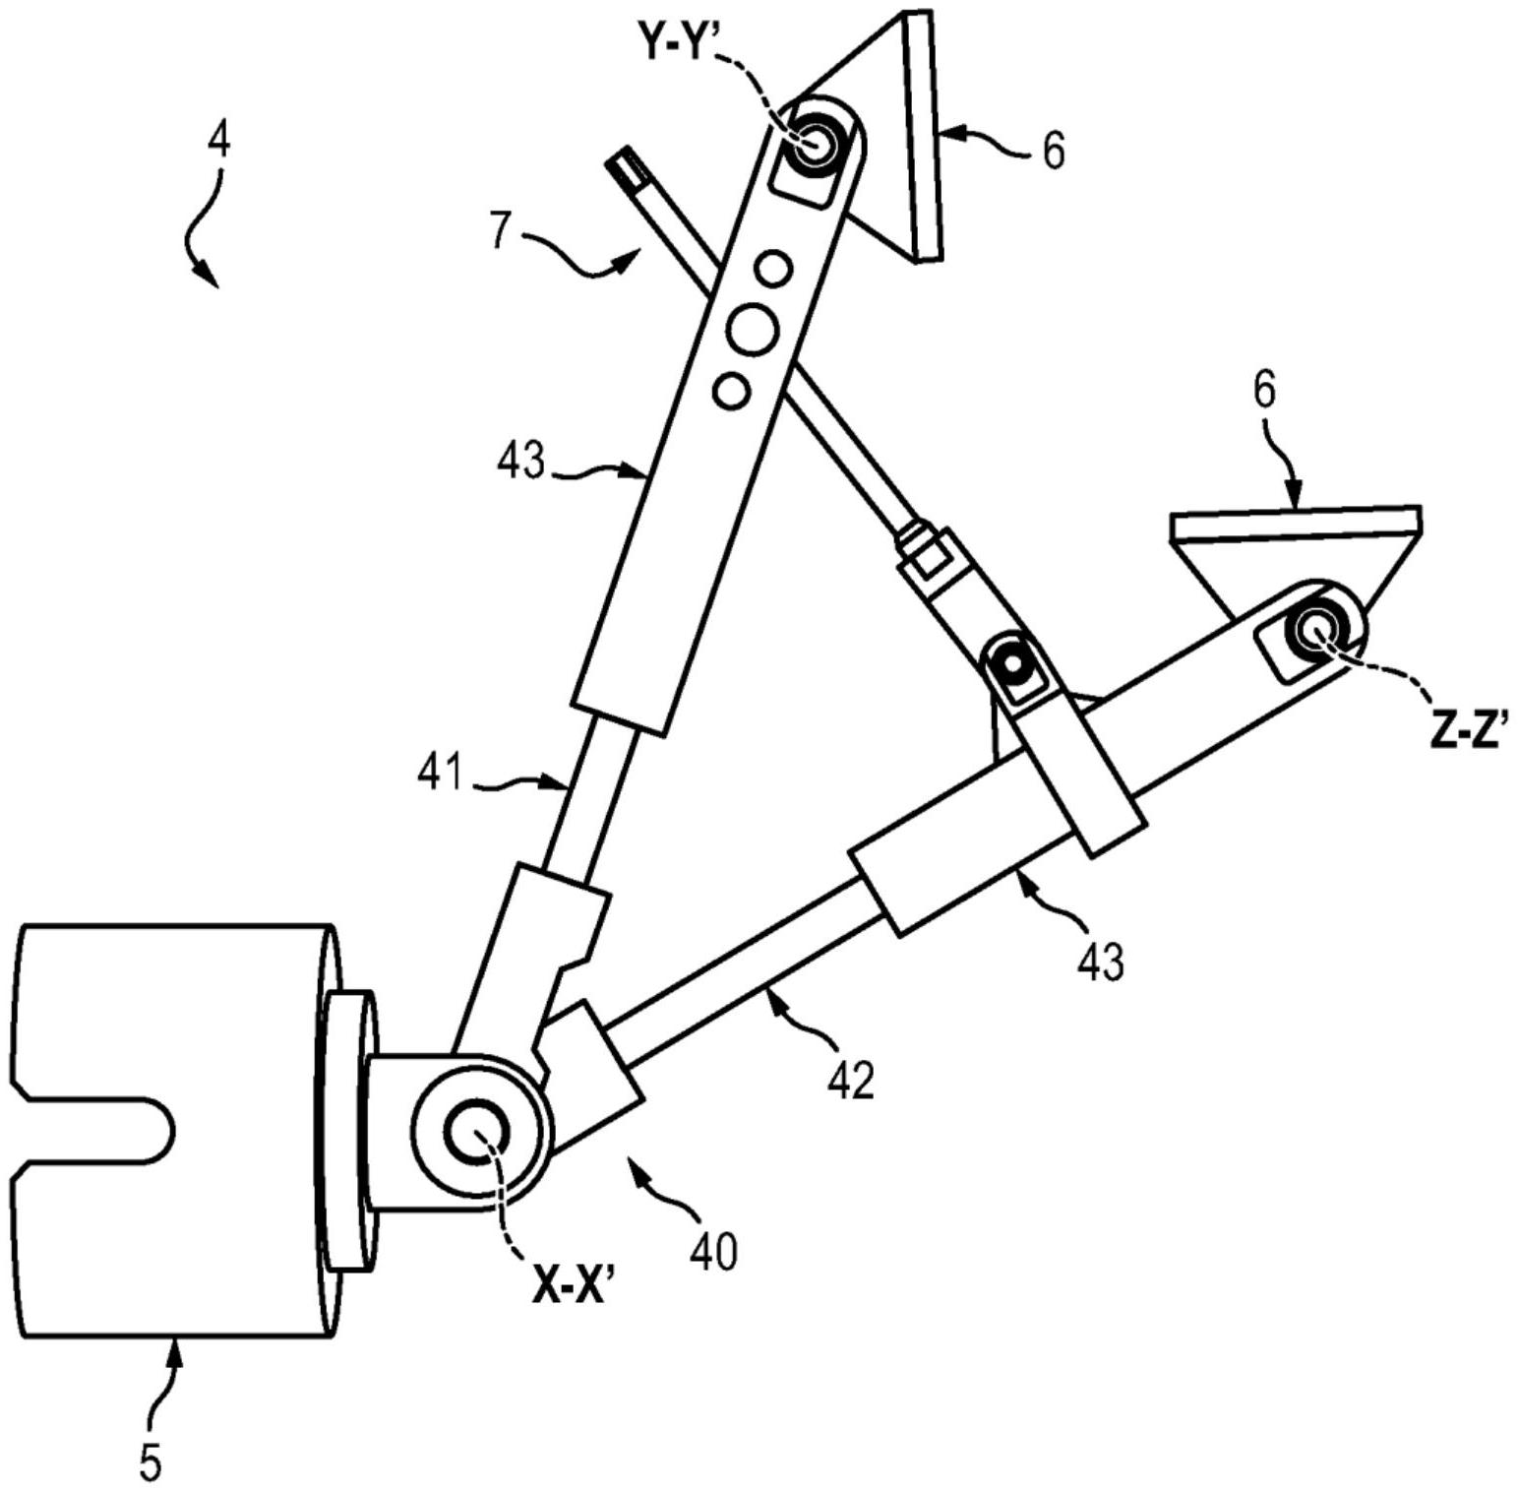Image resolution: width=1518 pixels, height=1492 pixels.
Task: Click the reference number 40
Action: point(713,1253)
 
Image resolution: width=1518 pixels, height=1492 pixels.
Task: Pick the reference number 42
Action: point(851,1081)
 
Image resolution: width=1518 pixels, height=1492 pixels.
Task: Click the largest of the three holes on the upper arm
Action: point(753,329)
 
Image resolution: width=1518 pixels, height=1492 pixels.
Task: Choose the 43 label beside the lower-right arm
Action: point(1100,960)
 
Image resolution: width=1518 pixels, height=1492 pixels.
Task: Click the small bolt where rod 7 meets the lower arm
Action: point(1011,664)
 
